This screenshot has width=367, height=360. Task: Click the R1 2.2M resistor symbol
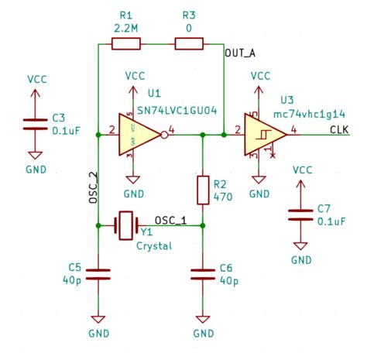point(126,45)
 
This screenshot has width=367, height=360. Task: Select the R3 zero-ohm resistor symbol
point(188,45)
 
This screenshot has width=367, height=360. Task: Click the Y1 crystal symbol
point(125,225)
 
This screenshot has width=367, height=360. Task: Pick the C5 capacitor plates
point(98,273)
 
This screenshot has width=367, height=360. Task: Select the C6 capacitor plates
point(203,273)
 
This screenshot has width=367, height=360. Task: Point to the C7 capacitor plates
point(298,214)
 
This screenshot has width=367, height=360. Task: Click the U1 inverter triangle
point(138,135)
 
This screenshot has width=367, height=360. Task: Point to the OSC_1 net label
point(170,219)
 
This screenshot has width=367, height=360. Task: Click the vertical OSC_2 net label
point(92,187)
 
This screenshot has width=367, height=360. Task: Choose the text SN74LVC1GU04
point(183,113)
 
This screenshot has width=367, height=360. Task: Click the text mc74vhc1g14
point(314,114)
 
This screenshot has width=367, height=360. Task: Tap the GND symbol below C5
point(98,321)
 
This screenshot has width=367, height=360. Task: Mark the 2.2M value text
point(127,28)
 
